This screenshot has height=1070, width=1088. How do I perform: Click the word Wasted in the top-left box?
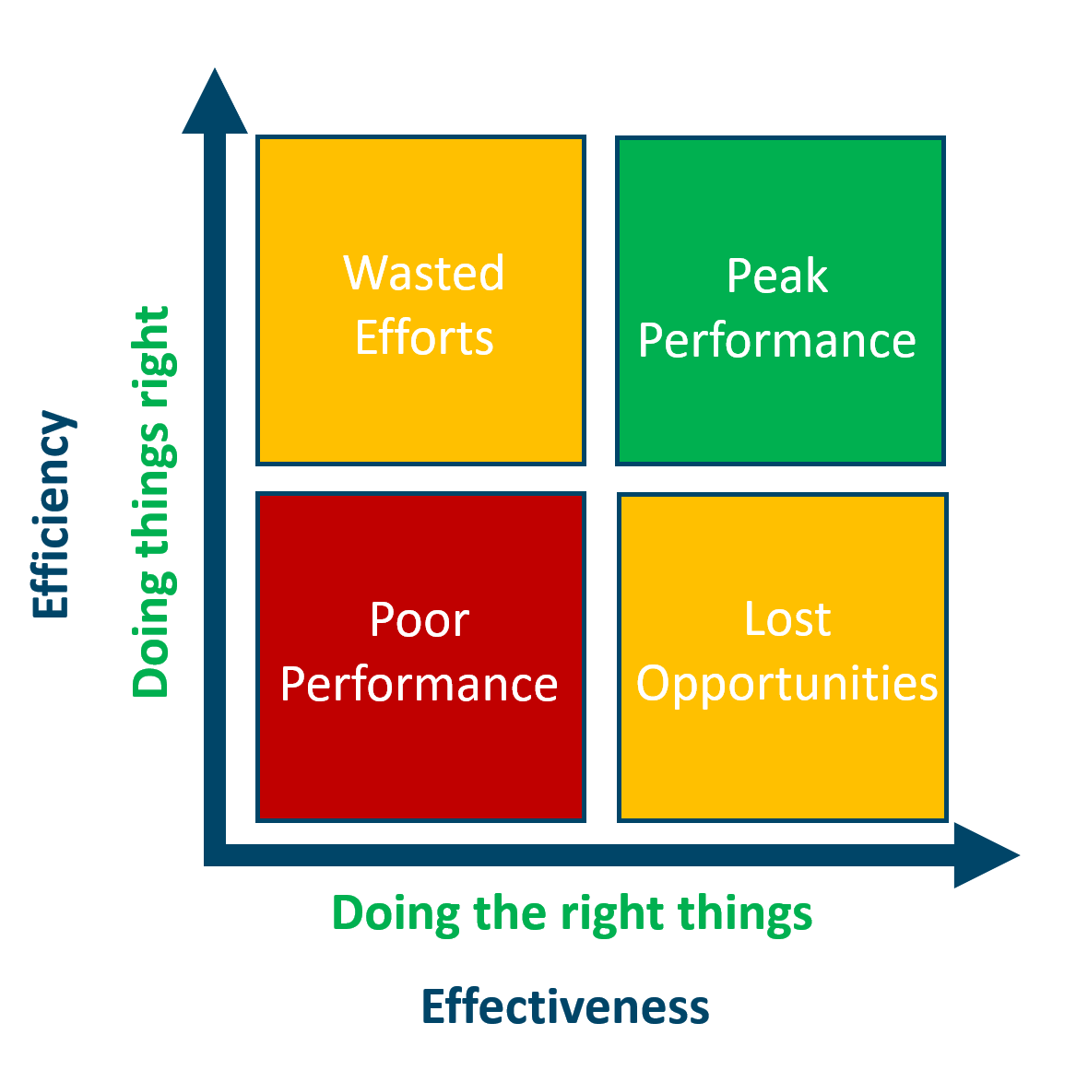pyautogui.click(x=424, y=273)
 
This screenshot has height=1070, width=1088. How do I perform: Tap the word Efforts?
pyautogui.click(x=424, y=337)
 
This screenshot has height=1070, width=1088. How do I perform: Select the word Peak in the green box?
pyautogui.click(x=776, y=276)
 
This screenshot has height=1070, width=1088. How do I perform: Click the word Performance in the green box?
pyautogui.click(x=776, y=340)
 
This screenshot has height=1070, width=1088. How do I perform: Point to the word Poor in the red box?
pyautogui.click(x=420, y=619)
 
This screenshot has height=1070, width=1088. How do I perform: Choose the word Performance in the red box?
pyautogui.click(x=420, y=684)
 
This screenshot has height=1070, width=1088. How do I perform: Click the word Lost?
pyautogui.click(x=787, y=618)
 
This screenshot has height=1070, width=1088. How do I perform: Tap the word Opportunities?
pyautogui.click(x=787, y=684)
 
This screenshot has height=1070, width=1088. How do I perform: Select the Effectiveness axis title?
pyautogui.click(x=565, y=1006)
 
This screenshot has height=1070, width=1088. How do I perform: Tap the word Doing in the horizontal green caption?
pyautogui.click(x=396, y=914)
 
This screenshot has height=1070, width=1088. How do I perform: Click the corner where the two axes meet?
pyautogui.click(x=216, y=854)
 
